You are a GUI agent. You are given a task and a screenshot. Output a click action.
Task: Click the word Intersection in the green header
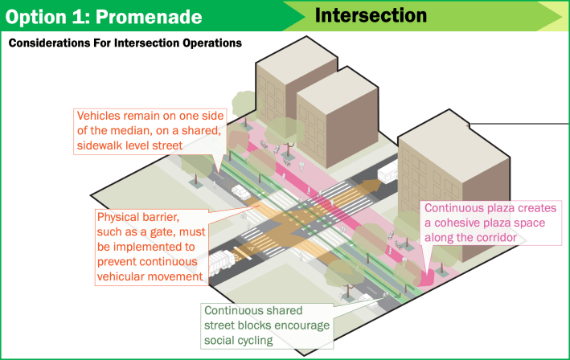pos(371,15)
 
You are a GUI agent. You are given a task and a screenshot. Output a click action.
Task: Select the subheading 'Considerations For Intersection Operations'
pos(125,43)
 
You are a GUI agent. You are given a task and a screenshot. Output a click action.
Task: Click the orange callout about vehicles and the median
pos(149,130)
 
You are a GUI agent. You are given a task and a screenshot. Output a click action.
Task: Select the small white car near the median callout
pos(240,192)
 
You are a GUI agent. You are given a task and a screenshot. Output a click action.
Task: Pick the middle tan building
pos(330,112)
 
